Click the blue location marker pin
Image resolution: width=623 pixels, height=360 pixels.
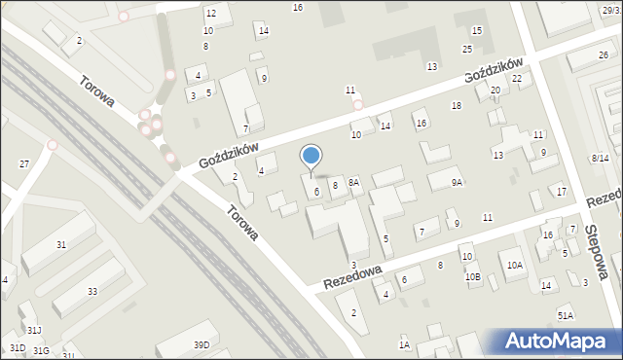point(311,157)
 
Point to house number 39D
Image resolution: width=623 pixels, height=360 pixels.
point(202,345)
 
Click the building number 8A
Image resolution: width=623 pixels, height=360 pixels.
point(354,182)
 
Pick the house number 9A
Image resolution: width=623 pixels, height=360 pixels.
point(457,182)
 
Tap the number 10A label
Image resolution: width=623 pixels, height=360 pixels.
point(515,265)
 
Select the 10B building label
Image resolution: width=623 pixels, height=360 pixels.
point(472,277)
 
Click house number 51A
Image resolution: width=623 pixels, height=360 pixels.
point(566,315)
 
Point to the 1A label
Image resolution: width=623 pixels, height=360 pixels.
point(404,344)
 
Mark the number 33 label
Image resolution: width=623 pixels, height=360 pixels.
point(92,292)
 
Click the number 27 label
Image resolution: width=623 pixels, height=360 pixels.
point(24,164)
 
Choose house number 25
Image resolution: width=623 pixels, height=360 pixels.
point(467,49)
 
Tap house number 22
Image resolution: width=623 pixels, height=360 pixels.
point(517,79)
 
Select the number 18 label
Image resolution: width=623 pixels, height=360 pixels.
point(456,105)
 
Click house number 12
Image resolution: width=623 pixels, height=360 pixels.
point(210,14)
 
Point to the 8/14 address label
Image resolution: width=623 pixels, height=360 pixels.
point(600,158)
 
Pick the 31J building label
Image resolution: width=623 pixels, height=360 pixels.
point(34,332)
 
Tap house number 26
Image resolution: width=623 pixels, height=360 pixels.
point(604,55)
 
